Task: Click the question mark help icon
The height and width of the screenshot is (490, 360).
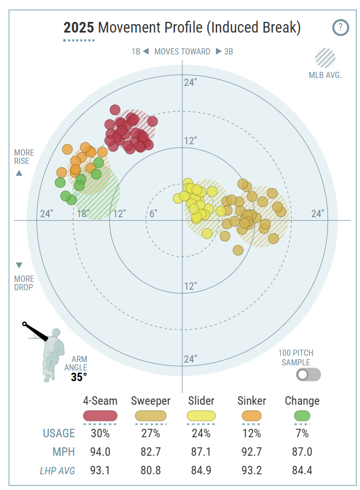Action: (340, 28)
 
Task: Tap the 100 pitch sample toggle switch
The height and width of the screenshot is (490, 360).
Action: (309, 374)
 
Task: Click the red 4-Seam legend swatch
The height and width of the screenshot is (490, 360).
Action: (100, 416)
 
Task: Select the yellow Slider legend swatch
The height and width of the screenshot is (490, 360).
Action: (201, 416)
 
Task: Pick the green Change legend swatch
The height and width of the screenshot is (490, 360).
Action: (302, 416)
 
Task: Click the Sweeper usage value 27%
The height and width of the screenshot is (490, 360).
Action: (150, 433)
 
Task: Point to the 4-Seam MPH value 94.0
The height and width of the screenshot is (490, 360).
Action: (100, 452)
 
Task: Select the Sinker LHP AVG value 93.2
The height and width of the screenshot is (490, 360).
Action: (252, 470)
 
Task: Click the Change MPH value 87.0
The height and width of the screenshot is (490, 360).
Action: (302, 452)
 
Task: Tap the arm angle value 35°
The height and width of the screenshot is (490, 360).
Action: (79, 377)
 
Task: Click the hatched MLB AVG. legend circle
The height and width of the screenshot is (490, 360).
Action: (325, 58)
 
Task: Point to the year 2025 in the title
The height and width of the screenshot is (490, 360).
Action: (79, 28)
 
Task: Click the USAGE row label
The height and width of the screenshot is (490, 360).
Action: (59, 433)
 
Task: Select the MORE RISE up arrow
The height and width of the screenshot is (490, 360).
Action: (19, 173)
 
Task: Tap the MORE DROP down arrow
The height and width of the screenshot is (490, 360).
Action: (19, 265)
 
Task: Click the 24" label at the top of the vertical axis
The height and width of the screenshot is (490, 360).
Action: (191, 83)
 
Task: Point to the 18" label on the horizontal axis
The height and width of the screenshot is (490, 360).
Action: (83, 214)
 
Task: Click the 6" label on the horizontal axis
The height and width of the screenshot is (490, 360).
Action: (153, 214)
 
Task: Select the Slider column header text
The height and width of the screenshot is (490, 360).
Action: (201, 401)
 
